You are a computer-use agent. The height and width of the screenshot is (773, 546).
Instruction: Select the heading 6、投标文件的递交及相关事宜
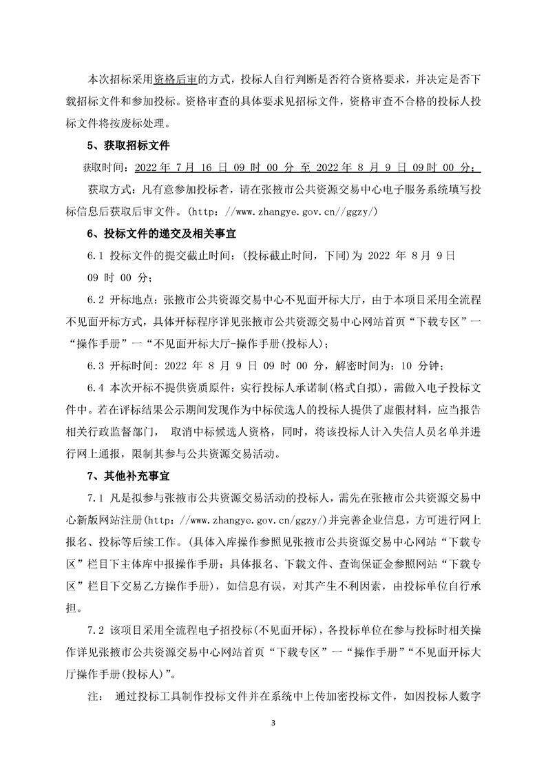tap(154, 231)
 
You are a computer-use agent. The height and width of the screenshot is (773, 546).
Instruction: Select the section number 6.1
tap(94, 252)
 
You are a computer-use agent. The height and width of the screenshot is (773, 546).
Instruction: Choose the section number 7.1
tap(94, 497)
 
